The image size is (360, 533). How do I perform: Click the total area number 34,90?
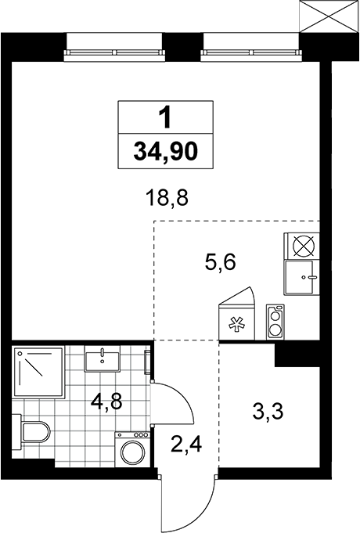[x=166, y=151]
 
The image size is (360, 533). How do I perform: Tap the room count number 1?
[x=166, y=117]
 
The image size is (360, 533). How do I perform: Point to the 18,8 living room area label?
[x=167, y=198]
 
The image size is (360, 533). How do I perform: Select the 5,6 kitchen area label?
[x=220, y=262]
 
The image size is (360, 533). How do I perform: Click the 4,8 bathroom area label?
[x=106, y=402]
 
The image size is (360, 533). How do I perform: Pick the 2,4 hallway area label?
[x=186, y=444]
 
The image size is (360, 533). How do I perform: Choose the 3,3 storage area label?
[x=268, y=412]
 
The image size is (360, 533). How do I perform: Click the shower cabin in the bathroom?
[x=38, y=372]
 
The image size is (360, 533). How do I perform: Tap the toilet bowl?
[x=31, y=432]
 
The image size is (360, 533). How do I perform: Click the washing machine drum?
[x=132, y=452]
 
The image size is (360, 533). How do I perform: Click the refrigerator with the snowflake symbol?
[x=237, y=322]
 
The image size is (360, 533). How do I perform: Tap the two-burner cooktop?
[x=275, y=322]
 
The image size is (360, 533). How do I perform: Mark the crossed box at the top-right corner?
[x=329, y=16]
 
